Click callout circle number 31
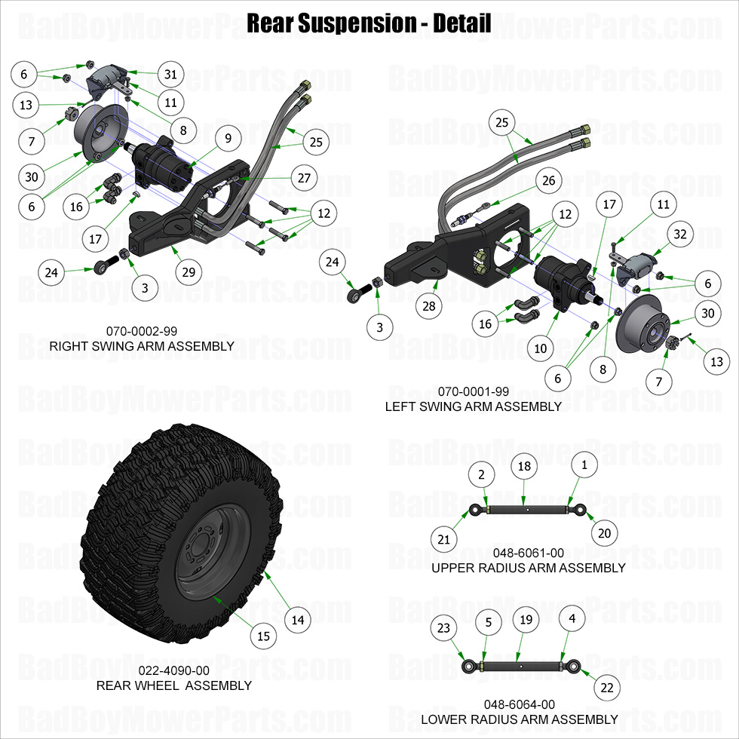(171, 74)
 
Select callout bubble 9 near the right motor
(227, 138)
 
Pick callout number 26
(547, 180)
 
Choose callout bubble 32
(681, 235)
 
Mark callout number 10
(540, 348)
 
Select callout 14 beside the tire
(298, 620)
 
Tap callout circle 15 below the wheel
(263, 636)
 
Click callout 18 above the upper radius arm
(524, 466)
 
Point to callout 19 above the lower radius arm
(526, 620)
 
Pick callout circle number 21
(444, 538)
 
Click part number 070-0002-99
(142, 330)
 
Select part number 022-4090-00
(173, 670)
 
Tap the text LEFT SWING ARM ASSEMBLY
(473, 406)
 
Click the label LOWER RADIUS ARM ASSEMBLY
(519, 719)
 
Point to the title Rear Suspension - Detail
(369, 23)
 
